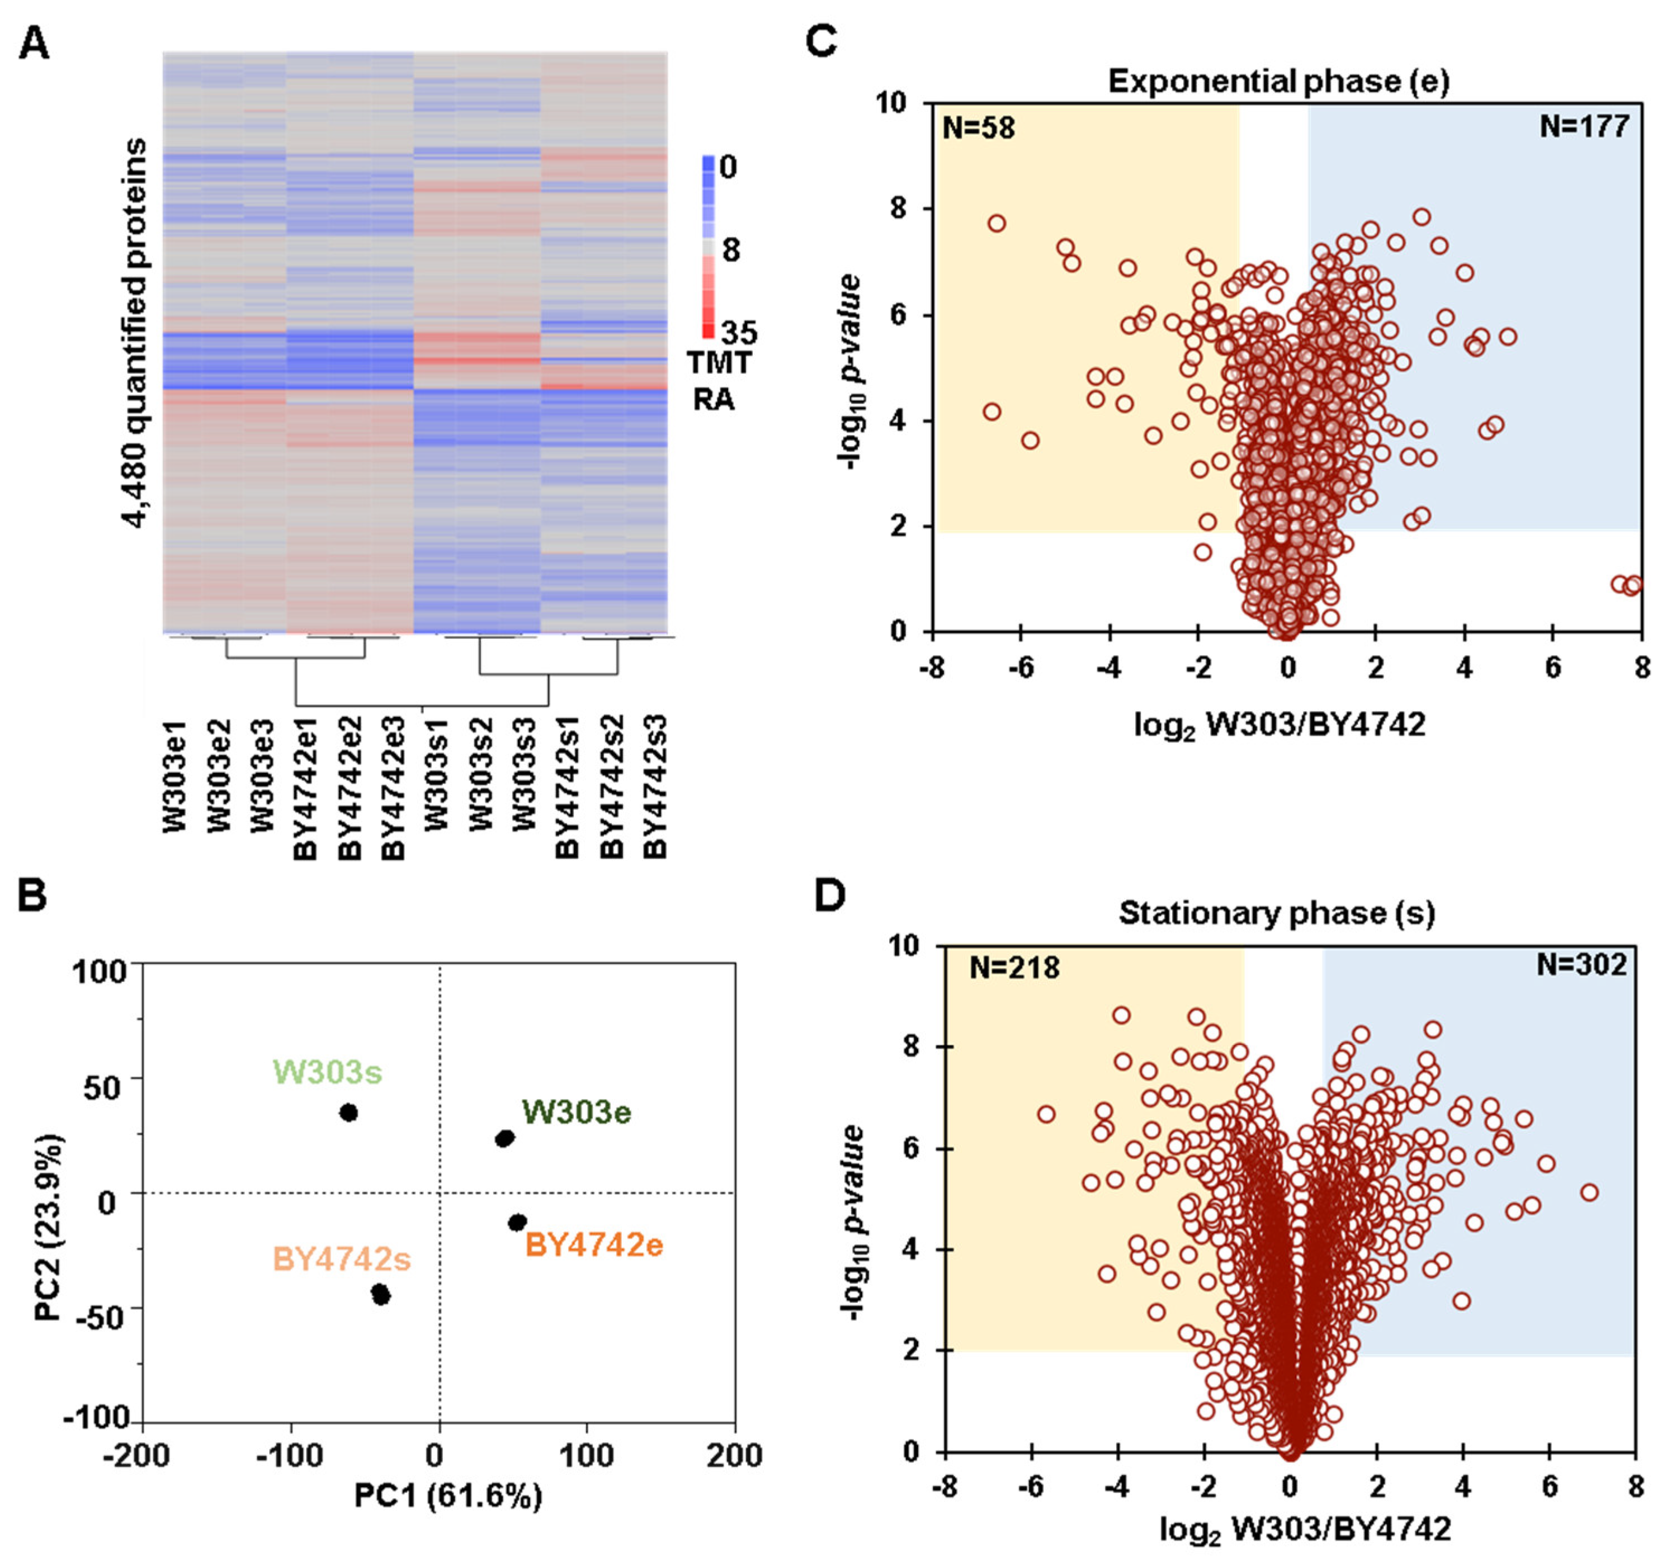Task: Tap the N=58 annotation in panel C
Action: click(978, 128)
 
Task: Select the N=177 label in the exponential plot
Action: click(1584, 126)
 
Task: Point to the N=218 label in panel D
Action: click(1014, 968)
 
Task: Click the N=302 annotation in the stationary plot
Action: click(1581, 964)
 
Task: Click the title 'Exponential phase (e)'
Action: click(1278, 81)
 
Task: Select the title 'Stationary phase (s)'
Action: click(1277, 913)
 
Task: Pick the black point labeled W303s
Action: click(348, 1112)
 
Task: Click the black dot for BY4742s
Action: click(381, 1295)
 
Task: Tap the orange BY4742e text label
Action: click(593, 1245)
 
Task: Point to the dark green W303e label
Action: click(577, 1112)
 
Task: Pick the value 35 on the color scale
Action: click(739, 333)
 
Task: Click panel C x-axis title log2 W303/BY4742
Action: click(1279, 724)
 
